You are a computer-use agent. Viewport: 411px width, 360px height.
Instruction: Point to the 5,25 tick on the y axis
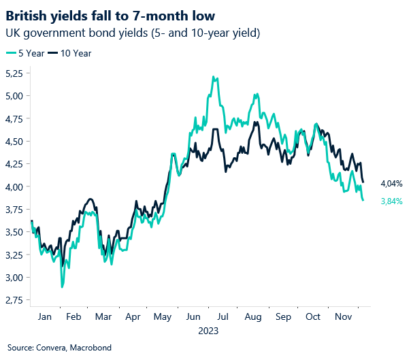tap(16, 73)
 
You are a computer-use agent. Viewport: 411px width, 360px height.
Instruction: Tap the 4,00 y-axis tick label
tap(16, 186)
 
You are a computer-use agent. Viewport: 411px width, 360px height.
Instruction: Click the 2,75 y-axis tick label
tap(16, 300)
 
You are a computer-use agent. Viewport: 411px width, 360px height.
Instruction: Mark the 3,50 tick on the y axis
tap(16, 232)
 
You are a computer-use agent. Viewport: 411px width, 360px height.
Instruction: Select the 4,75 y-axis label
tap(16, 118)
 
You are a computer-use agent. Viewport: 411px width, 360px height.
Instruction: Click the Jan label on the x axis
tap(44, 317)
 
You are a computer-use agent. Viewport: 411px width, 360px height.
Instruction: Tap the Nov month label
tap(344, 317)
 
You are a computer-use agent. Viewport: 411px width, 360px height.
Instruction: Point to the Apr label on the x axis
tap(134, 317)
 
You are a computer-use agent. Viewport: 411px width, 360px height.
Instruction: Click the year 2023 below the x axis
tap(208, 331)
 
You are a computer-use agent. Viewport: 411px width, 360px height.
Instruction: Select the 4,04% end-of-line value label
tap(391, 184)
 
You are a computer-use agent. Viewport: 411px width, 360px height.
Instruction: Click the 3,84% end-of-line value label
tap(391, 201)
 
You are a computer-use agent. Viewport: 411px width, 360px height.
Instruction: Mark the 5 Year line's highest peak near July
tap(214, 77)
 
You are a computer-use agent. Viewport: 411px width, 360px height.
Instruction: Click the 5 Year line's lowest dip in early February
tap(62, 287)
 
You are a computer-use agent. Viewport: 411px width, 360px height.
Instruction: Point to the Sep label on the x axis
tap(283, 317)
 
